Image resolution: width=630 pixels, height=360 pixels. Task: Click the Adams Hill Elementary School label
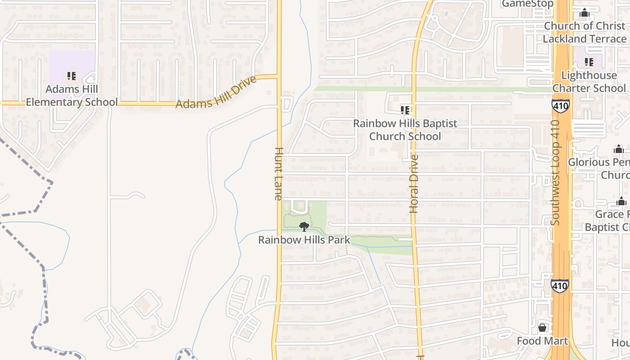(72, 96)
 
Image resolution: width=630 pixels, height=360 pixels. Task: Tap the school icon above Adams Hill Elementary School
(71, 76)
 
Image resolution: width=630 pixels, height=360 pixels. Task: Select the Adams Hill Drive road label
(216, 92)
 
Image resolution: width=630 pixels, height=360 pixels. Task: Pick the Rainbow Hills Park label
(304, 240)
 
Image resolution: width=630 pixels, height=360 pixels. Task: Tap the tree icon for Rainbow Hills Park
(304, 226)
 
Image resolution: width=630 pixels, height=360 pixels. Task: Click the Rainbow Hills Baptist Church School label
(405, 130)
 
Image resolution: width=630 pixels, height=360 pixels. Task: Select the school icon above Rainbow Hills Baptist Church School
(405, 110)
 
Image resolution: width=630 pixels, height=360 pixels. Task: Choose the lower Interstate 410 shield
(559, 285)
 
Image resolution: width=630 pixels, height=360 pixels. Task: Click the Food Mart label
(542, 341)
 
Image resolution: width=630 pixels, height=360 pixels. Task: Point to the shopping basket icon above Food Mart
(542, 328)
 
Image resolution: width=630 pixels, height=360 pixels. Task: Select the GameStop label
(527, 4)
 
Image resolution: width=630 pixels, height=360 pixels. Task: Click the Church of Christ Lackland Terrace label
(585, 32)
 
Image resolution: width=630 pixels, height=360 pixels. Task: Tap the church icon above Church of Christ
(585, 13)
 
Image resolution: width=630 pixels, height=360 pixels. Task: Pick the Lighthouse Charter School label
(589, 81)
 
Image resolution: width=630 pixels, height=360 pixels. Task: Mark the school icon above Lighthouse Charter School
(589, 62)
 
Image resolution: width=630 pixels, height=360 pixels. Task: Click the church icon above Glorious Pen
(619, 149)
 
